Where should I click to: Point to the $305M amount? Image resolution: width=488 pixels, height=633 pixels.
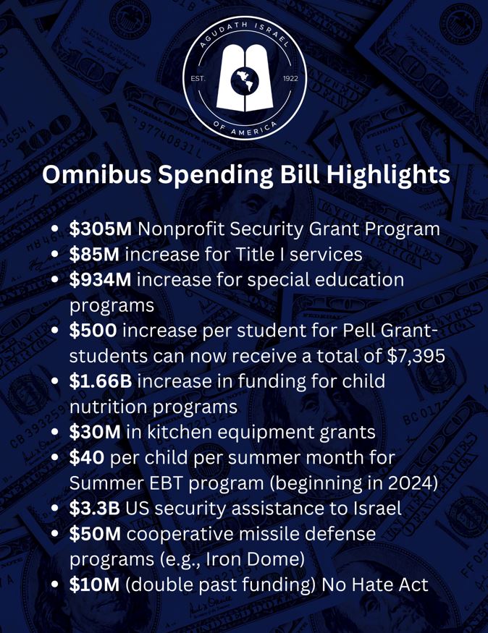(x=101, y=229)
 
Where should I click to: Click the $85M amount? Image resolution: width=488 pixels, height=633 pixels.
(x=95, y=255)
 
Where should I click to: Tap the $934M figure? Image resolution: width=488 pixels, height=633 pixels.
(x=101, y=280)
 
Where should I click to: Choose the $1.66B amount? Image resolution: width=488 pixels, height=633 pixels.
(x=101, y=381)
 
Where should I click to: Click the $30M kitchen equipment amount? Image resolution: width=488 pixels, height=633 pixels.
(x=95, y=432)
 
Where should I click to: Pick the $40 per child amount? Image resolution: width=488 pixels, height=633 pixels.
(x=86, y=457)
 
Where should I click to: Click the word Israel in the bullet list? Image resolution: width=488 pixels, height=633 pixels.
(x=374, y=508)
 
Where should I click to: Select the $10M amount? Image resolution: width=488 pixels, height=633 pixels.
(x=95, y=584)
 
